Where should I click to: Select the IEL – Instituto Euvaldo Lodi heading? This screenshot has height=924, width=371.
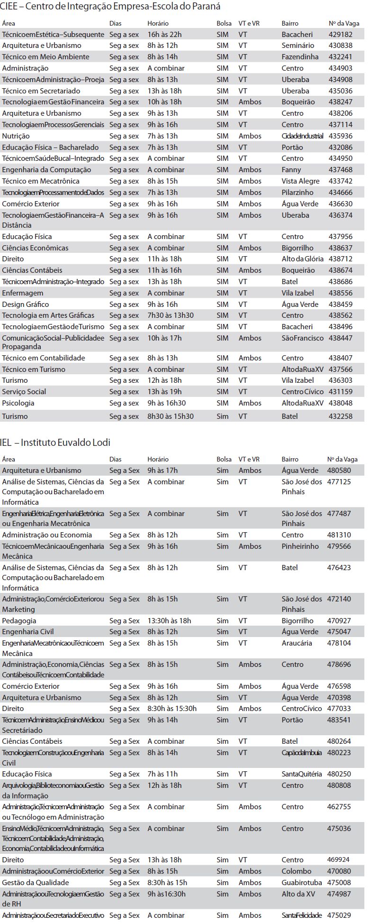[x=55, y=443]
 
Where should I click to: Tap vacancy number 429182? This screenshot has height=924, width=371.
[x=340, y=35]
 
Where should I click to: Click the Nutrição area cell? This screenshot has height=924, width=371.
[x=16, y=136]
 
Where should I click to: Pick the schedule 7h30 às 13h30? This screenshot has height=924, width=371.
[x=170, y=315]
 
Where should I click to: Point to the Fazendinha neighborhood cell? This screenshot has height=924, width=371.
[x=300, y=57]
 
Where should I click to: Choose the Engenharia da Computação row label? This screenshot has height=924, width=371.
[x=46, y=170]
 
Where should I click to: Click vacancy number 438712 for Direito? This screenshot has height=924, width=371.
[x=340, y=259]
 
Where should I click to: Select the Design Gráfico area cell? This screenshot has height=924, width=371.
[x=26, y=305]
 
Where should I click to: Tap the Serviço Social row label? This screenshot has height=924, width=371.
[x=24, y=392]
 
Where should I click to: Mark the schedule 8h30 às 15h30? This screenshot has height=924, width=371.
[x=170, y=416]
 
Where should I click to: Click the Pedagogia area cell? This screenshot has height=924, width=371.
[x=19, y=621]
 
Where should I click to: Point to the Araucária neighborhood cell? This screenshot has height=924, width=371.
[x=297, y=643]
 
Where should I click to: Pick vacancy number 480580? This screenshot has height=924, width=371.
[x=339, y=471]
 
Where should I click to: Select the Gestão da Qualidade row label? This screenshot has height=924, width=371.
[x=36, y=883]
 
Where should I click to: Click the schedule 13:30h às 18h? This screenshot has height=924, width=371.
[x=169, y=621]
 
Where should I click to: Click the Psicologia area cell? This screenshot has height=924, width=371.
[x=18, y=403]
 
